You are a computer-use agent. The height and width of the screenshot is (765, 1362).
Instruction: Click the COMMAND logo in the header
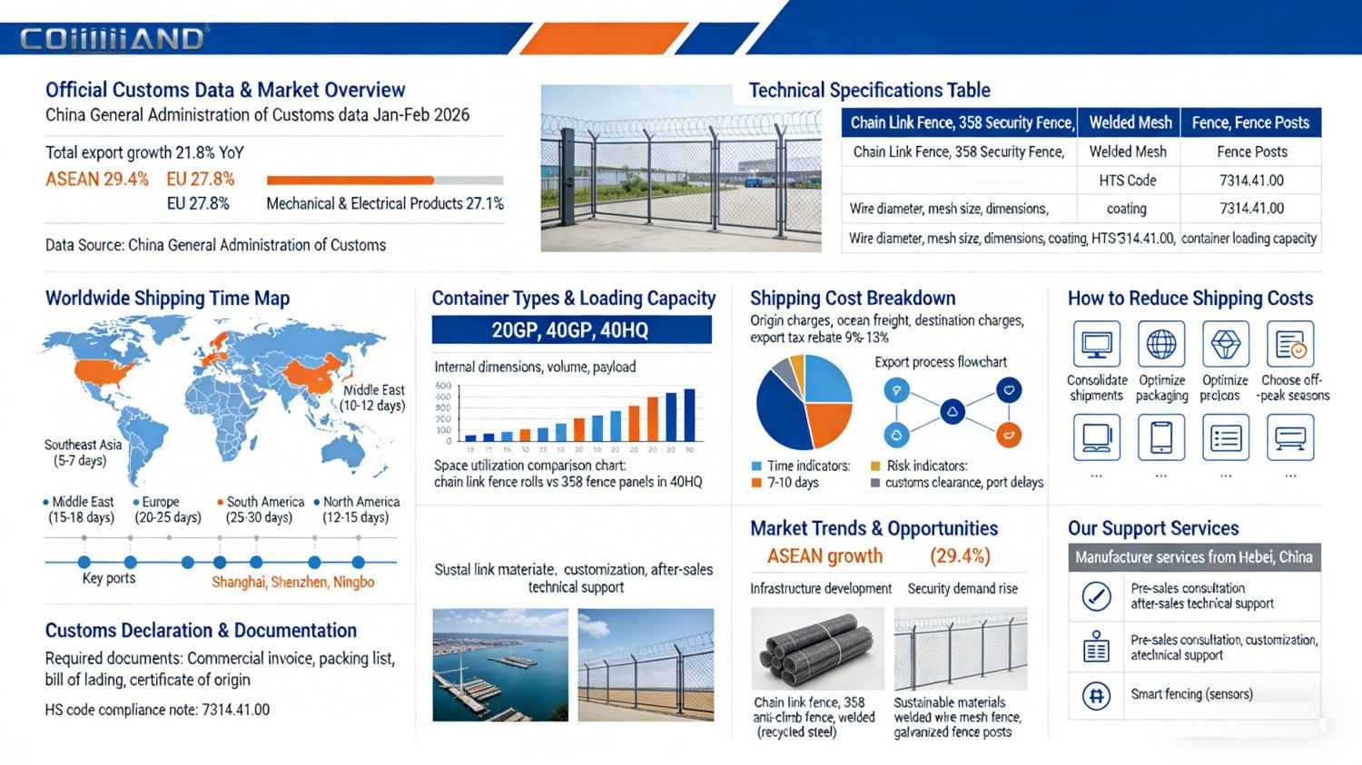[113, 39]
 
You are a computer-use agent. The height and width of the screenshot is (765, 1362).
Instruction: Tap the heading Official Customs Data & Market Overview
[225, 90]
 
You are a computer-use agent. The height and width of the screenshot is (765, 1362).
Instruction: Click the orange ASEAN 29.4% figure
[97, 179]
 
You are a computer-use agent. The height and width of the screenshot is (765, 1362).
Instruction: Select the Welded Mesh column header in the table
[1130, 123]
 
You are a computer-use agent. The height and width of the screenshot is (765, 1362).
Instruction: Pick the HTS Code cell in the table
[1128, 180]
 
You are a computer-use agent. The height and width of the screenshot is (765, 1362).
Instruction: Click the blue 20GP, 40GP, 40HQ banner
[570, 329]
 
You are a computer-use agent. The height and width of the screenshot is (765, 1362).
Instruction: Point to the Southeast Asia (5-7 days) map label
[82, 452]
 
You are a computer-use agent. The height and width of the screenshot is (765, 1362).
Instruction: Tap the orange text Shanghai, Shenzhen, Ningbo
[292, 582]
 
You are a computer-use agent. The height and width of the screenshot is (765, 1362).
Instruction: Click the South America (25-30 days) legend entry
[260, 509]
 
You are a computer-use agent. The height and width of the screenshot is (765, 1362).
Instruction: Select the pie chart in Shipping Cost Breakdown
[804, 401]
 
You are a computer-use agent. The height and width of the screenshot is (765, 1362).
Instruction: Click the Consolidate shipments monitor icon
[1096, 344]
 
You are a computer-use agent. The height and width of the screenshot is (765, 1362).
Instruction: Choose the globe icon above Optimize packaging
[1161, 344]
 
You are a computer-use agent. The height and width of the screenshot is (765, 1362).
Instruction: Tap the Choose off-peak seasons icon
[1290, 344]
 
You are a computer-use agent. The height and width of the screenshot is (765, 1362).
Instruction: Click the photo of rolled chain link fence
[817, 648]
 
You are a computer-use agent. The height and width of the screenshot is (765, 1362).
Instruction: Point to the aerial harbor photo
[500, 664]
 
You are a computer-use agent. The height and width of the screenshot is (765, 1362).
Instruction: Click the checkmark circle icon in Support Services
[1097, 596]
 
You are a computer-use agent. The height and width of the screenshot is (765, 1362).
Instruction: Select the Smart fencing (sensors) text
[1191, 694]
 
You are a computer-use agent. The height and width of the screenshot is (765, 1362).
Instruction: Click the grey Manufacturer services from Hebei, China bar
[1194, 557]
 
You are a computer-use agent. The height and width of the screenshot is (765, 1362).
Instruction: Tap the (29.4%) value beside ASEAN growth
[960, 555]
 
